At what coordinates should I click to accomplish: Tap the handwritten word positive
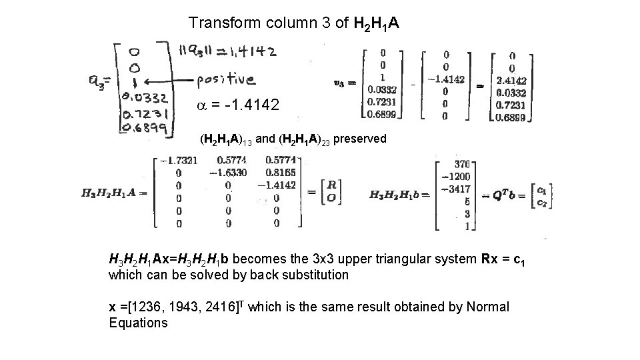[225, 80]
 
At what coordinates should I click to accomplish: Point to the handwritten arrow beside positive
[167, 81]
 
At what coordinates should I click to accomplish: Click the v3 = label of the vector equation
[345, 83]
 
